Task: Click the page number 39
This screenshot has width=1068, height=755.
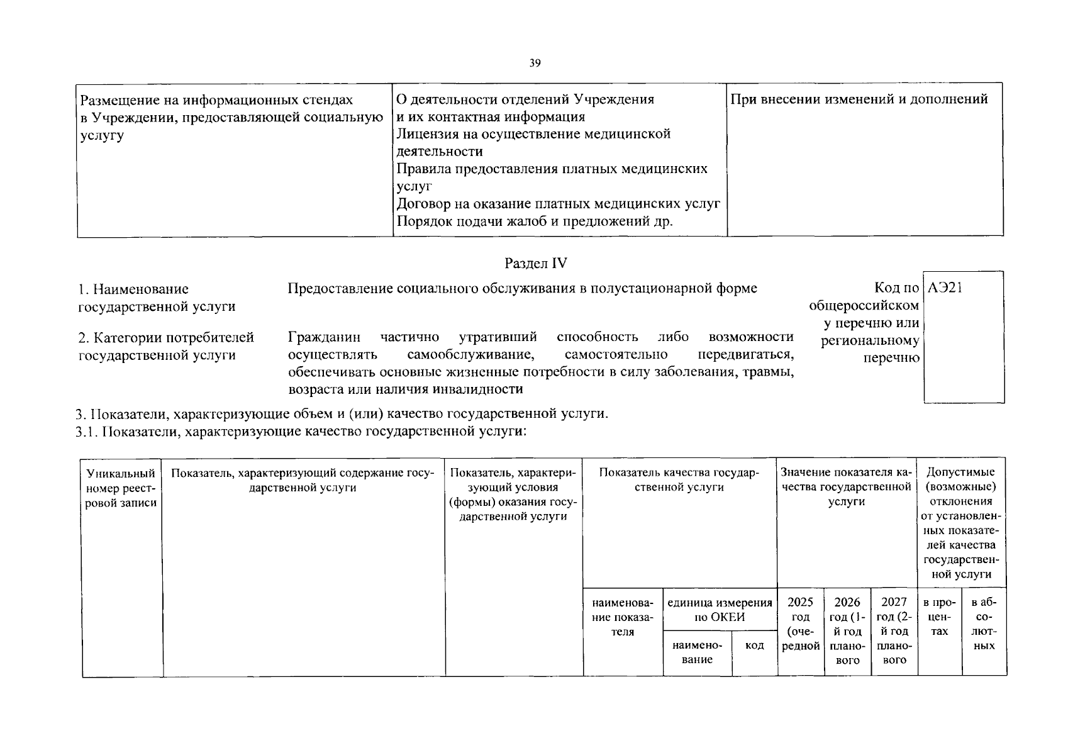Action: pyautogui.click(x=535, y=63)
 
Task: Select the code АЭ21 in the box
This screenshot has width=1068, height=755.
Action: pyautogui.click(x=945, y=289)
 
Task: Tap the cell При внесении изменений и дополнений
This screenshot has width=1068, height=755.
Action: pyautogui.click(x=859, y=99)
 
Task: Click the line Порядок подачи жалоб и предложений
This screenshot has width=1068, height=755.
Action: pyautogui.click(x=535, y=221)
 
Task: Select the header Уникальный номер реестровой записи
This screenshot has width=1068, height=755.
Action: pyautogui.click(x=121, y=488)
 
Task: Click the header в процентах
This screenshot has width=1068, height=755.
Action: pyautogui.click(x=939, y=617)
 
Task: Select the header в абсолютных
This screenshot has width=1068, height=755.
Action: pyautogui.click(x=984, y=624)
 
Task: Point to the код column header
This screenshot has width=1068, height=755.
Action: pyautogui.click(x=754, y=646)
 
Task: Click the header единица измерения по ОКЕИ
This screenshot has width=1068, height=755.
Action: pyautogui.click(x=720, y=610)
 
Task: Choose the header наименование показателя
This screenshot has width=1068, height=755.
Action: pyautogui.click(x=623, y=617)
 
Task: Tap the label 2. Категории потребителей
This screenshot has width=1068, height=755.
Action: pyautogui.click(x=166, y=338)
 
